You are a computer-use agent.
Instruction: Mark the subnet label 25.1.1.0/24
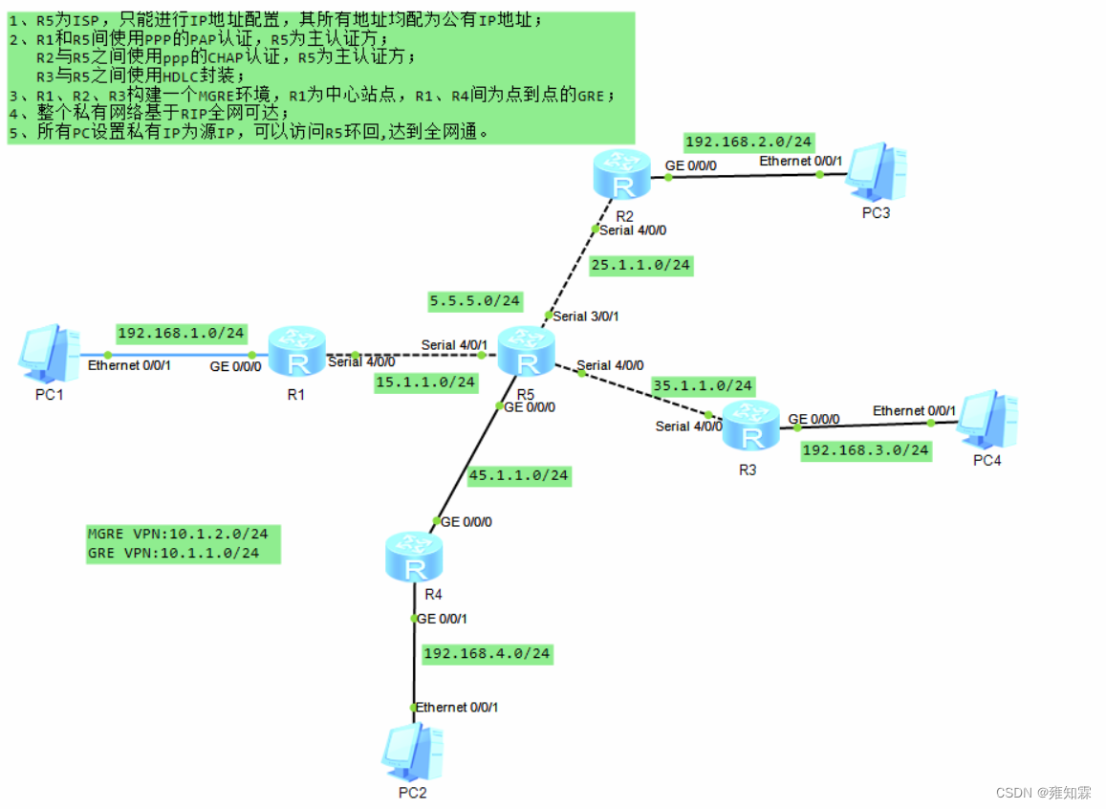[640, 265]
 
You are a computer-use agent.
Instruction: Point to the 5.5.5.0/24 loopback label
[475, 301]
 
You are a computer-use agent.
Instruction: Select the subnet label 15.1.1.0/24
[425, 383]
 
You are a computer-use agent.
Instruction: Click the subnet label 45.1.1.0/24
[519, 475]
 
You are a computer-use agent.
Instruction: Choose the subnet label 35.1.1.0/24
[703, 386]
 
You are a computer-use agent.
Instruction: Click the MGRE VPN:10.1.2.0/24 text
[177, 535]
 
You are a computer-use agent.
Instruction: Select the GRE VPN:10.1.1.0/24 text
[172, 553]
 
